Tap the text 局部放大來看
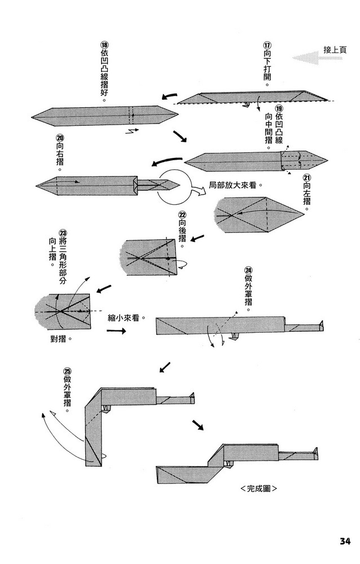pos(237,184)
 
